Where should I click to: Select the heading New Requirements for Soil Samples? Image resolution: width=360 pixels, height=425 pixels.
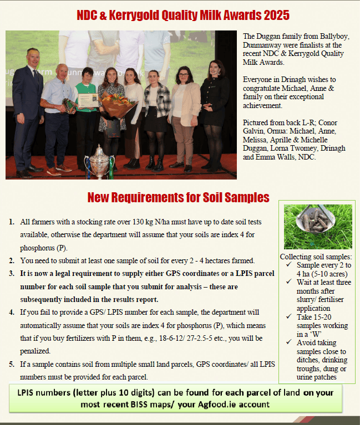click(x=178, y=197)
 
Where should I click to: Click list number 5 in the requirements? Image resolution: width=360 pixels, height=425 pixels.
click(x=12, y=364)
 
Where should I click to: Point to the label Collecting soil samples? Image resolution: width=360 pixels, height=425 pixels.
click(x=316, y=257)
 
